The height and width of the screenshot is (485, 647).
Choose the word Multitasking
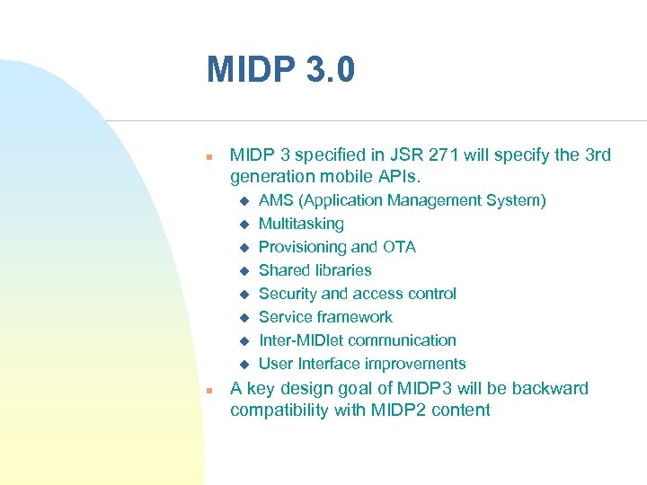[301, 224]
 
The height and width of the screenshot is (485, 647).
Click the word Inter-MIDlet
[301, 340]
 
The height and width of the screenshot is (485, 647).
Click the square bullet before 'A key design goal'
[208, 391]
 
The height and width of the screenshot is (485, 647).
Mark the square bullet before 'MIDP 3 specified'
[208, 156]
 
